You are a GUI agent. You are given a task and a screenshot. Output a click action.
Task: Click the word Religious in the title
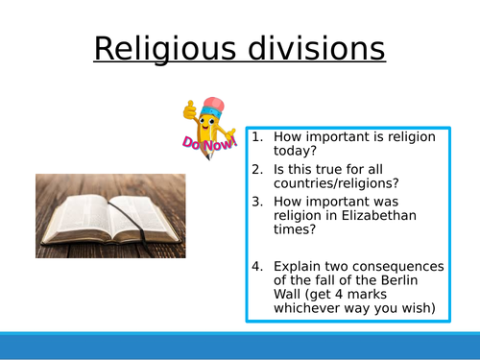(x=158, y=48)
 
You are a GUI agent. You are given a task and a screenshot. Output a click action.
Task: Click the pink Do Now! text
(x=204, y=144)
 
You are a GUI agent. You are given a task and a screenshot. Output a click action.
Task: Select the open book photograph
(x=110, y=215)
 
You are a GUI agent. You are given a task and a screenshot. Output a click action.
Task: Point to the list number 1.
(x=257, y=137)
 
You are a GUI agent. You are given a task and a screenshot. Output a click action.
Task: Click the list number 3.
(x=257, y=203)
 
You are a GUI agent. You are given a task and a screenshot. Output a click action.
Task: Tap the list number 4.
(x=257, y=266)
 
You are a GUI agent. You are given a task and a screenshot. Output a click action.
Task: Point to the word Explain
(x=298, y=266)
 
